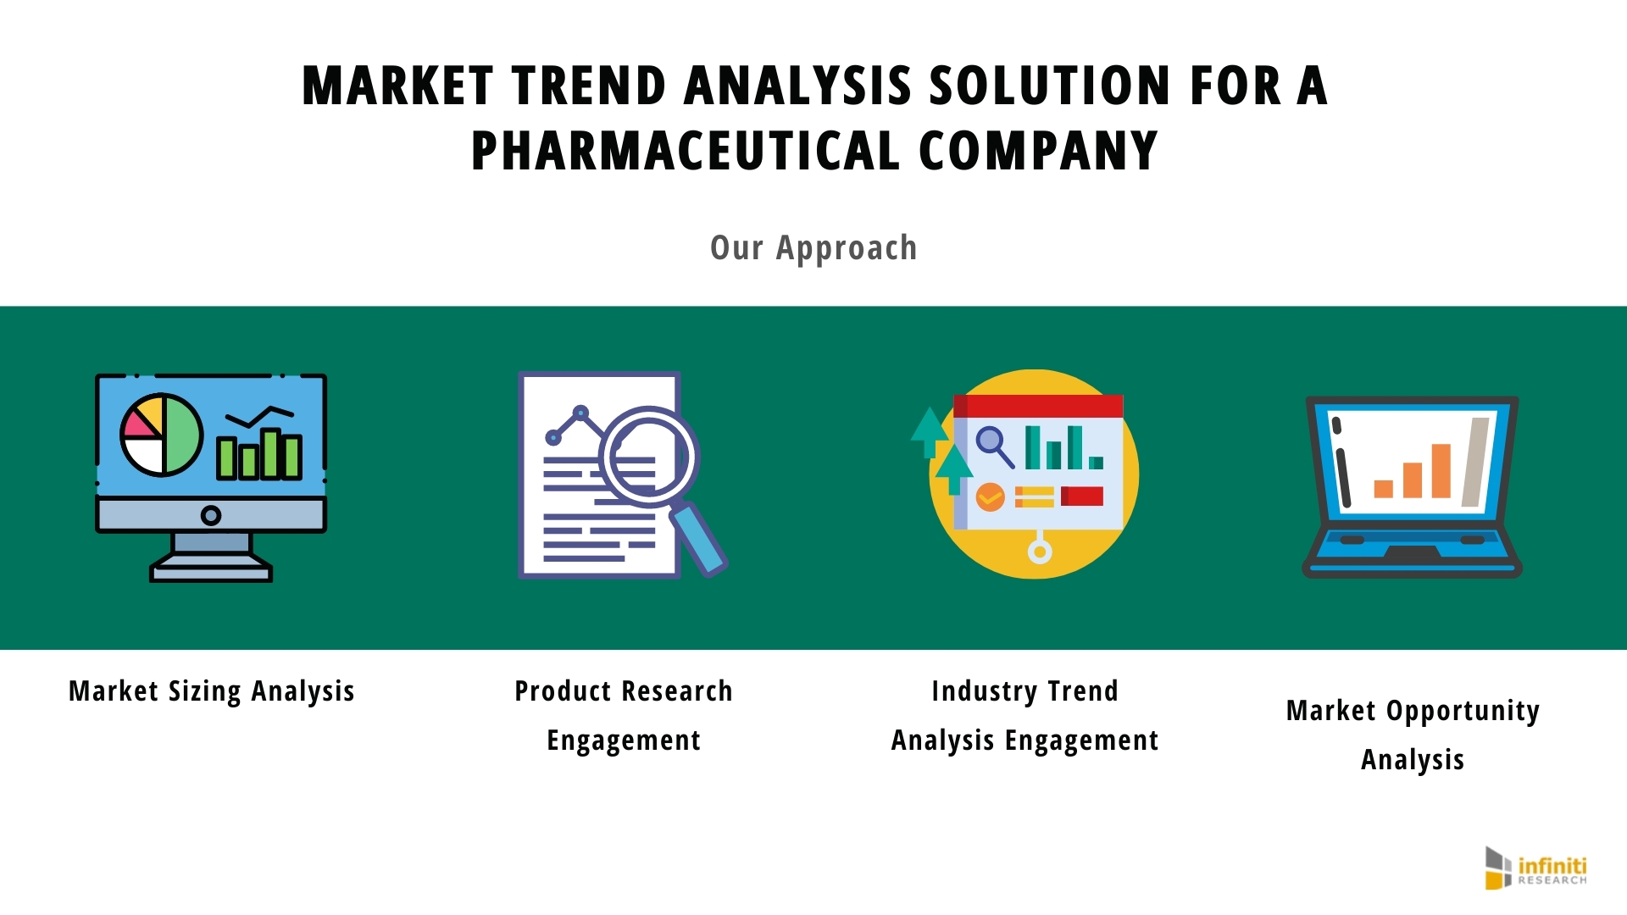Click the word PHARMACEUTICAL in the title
click(x=686, y=151)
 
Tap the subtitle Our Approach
click(x=813, y=247)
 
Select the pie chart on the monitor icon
click(x=161, y=435)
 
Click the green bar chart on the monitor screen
click(x=259, y=454)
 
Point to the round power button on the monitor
click(x=211, y=515)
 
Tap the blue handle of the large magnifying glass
click(x=699, y=540)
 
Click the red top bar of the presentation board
click(x=1038, y=406)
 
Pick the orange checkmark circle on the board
click(x=990, y=496)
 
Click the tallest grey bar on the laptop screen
click(x=1475, y=463)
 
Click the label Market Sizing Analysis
click(x=212, y=691)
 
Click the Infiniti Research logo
click(x=1535, y=868)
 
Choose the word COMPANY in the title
click(x=1039, y=151)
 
